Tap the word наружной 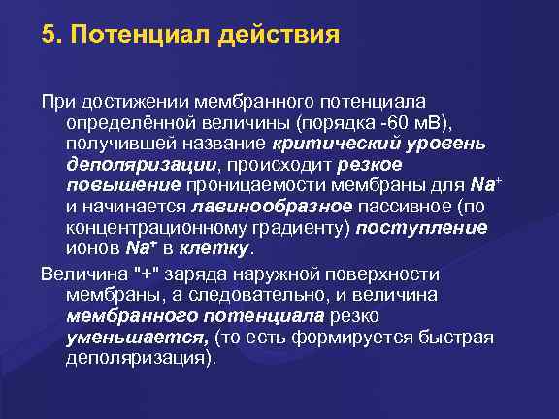point(279,272)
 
